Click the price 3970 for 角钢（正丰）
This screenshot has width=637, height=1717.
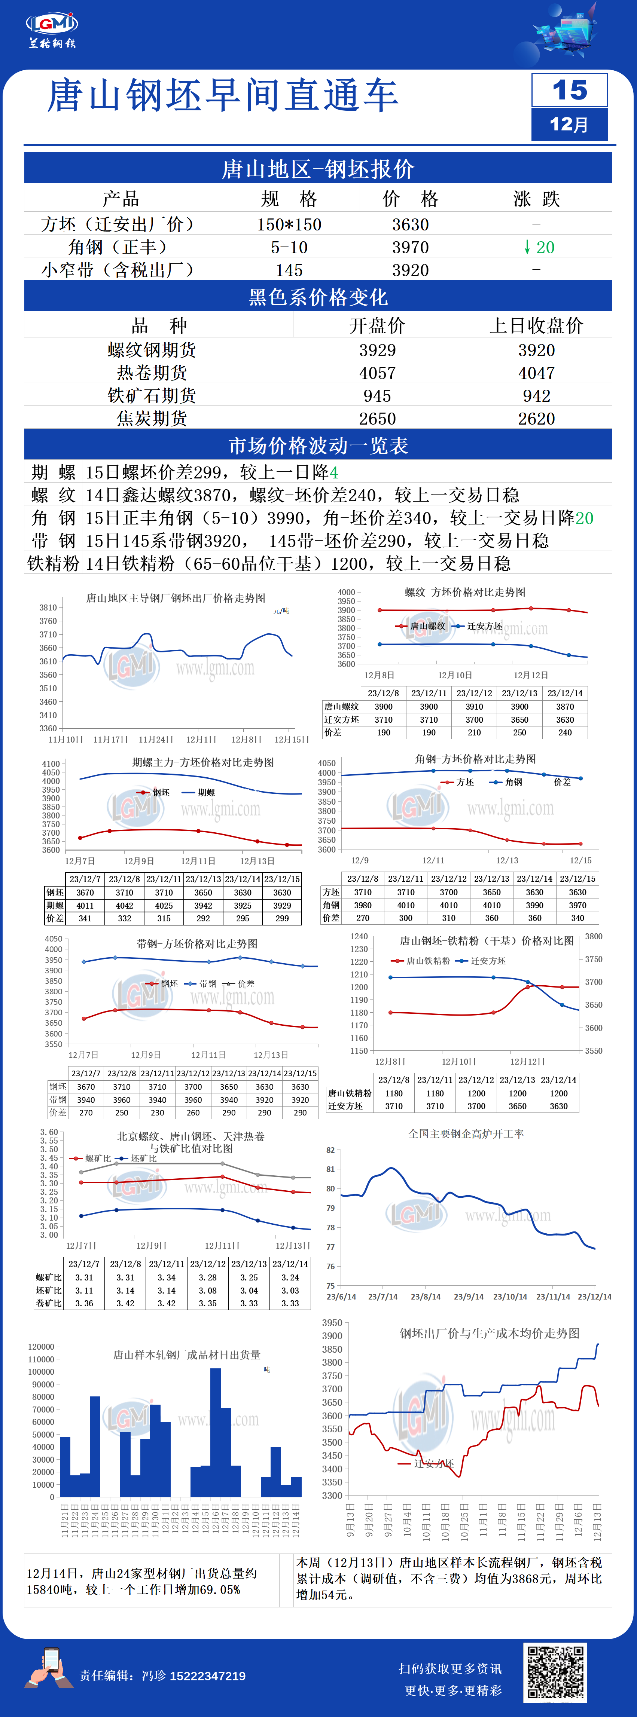coord(410,247)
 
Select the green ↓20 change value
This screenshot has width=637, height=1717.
coord(539,247)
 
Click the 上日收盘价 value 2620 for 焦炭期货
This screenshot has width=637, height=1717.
coord(536,419)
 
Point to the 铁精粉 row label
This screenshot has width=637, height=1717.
coord(54,564)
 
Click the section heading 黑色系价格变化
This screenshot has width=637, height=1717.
coord(318,297)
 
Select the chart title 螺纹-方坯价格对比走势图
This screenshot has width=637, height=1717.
coord(465,592)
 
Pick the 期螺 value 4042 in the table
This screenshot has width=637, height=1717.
coord(125,905)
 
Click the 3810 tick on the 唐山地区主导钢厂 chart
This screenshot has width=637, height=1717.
coord(48,607)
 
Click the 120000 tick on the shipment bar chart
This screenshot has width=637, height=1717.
coord(41,1346)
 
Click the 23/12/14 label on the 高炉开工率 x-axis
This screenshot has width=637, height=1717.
coord(594,1297)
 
